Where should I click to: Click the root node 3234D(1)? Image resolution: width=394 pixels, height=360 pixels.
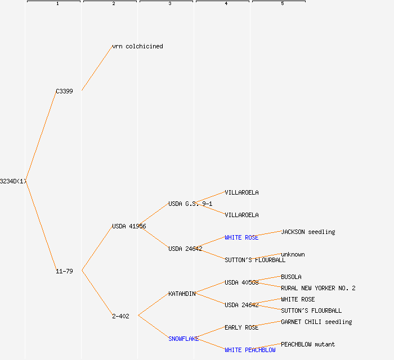[13, 181]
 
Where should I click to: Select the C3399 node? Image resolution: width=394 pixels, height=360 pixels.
[64, 91]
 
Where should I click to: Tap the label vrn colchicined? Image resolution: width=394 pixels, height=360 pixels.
[137, 46]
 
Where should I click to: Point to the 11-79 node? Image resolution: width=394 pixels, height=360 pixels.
[64, 271]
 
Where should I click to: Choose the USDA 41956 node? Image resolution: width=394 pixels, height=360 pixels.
[129, 226]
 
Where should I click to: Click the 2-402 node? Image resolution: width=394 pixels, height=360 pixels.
[120, 316]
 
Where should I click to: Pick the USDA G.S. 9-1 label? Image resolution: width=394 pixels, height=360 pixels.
[190, 204]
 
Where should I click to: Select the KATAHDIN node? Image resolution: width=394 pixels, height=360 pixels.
[182, 294]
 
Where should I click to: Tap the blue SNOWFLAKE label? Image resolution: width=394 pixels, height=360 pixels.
[183, 339]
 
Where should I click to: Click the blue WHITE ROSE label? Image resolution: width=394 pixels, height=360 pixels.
[241, 237]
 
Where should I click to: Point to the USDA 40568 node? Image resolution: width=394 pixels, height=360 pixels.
[241, 282]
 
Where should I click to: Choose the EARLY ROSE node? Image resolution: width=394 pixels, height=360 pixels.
[241, 327]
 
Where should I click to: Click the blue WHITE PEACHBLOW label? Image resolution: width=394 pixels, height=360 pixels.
[250, 350]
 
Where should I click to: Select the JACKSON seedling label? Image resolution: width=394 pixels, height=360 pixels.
[308, 232]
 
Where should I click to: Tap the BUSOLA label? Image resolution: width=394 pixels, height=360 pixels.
[291, 277]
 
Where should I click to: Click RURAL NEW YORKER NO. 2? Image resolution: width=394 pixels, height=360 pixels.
[318, 288]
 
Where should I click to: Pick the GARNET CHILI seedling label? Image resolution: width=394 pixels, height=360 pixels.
[316, 322]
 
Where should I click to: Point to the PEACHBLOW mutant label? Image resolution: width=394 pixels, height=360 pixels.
[308, 344]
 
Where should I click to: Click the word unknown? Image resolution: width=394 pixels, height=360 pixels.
[293, 254]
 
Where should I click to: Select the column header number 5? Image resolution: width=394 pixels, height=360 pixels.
[283, 4]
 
